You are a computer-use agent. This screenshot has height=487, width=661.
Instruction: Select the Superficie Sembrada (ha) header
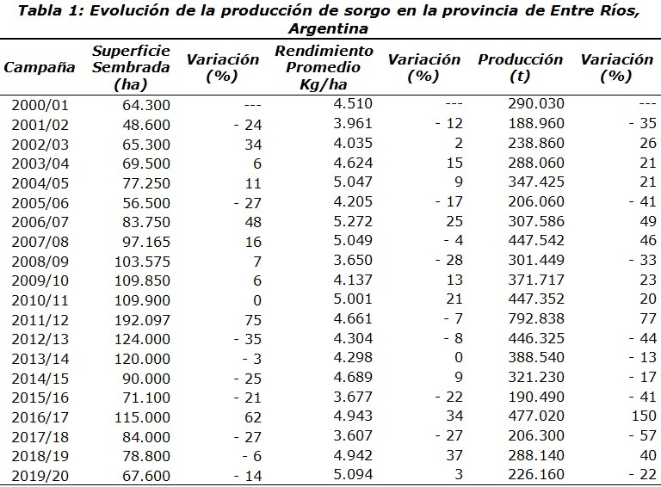(131, 68)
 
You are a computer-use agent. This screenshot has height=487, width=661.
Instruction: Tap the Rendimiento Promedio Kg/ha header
(324, 68)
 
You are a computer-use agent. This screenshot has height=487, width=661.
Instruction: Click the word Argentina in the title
(330, 28)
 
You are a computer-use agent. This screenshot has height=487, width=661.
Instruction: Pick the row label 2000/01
(40, 105)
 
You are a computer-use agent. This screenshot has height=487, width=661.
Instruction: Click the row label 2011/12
(40, 319)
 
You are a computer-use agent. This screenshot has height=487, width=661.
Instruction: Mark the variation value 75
(251, 319)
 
